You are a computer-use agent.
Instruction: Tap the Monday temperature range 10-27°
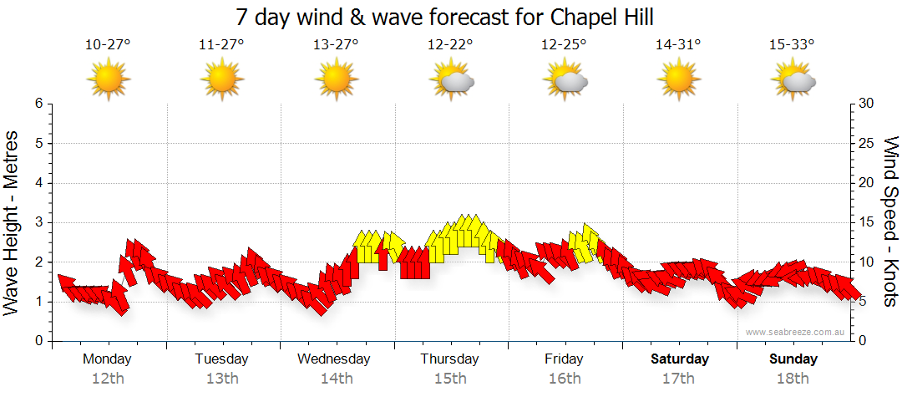click(x=108, y=45)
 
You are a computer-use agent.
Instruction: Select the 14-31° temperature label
click(x=678, y=45)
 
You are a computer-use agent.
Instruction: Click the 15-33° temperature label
click(x=793, y=45)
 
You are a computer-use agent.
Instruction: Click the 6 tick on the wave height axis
click(x=38, y=104)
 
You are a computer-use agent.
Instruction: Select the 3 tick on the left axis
click(x=38, y=222)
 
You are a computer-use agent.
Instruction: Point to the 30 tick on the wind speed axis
click(x=866, y=104)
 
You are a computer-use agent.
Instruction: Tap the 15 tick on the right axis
click(x=866, y=222)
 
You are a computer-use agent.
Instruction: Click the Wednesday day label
click(x=334, y=359)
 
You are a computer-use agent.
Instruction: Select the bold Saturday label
click(x=680, y=359)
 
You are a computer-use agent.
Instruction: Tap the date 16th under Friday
click(x=565, y=379)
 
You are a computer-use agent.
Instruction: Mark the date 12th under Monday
click(x=108, y=379)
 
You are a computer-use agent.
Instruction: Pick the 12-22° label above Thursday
click(x=450, y=45)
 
